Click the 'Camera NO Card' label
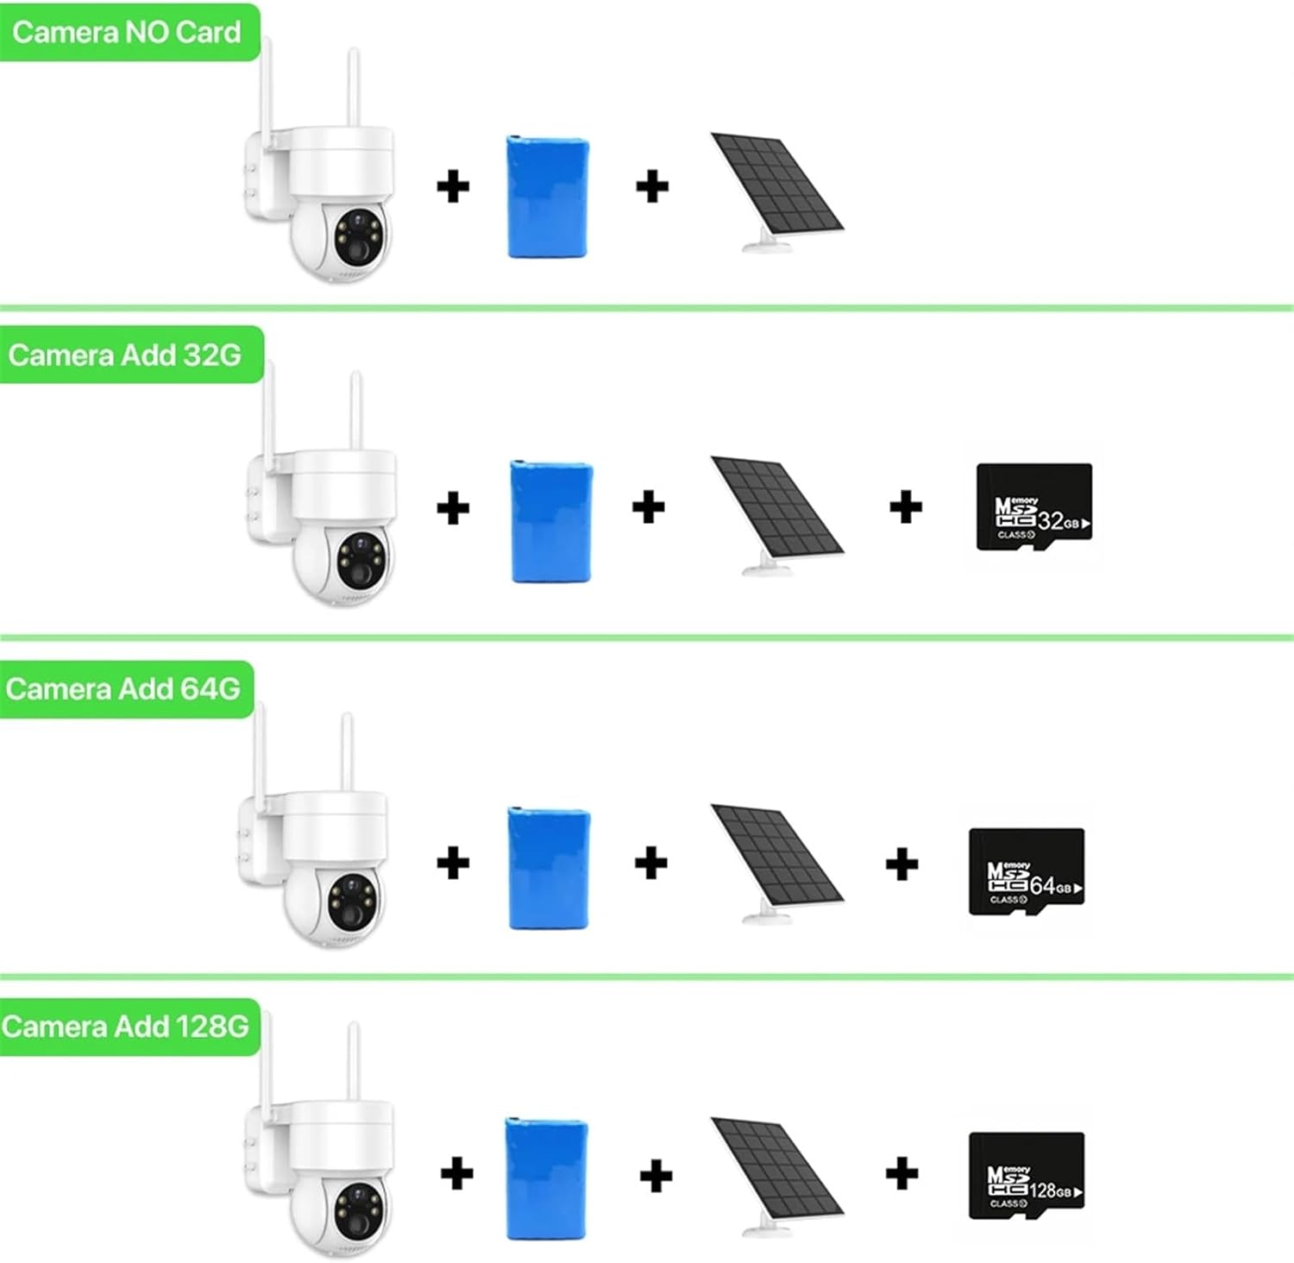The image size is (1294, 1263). tap(127, 33)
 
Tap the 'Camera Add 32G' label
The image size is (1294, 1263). tap(126, 355)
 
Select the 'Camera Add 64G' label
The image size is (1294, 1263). tap(123, 689)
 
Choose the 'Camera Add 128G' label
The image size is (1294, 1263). tap(126, 1027)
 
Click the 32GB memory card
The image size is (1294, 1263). tap(1033, 506)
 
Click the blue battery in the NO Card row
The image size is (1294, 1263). tap(548, 197)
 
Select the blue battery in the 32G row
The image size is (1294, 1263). tap(551, 521)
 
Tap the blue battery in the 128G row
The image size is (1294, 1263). tap(546, 1178)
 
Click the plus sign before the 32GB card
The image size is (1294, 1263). tap(906, 506)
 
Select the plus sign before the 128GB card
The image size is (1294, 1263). tap(901, 1173)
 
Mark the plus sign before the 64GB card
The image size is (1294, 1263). tap(901, 864)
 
